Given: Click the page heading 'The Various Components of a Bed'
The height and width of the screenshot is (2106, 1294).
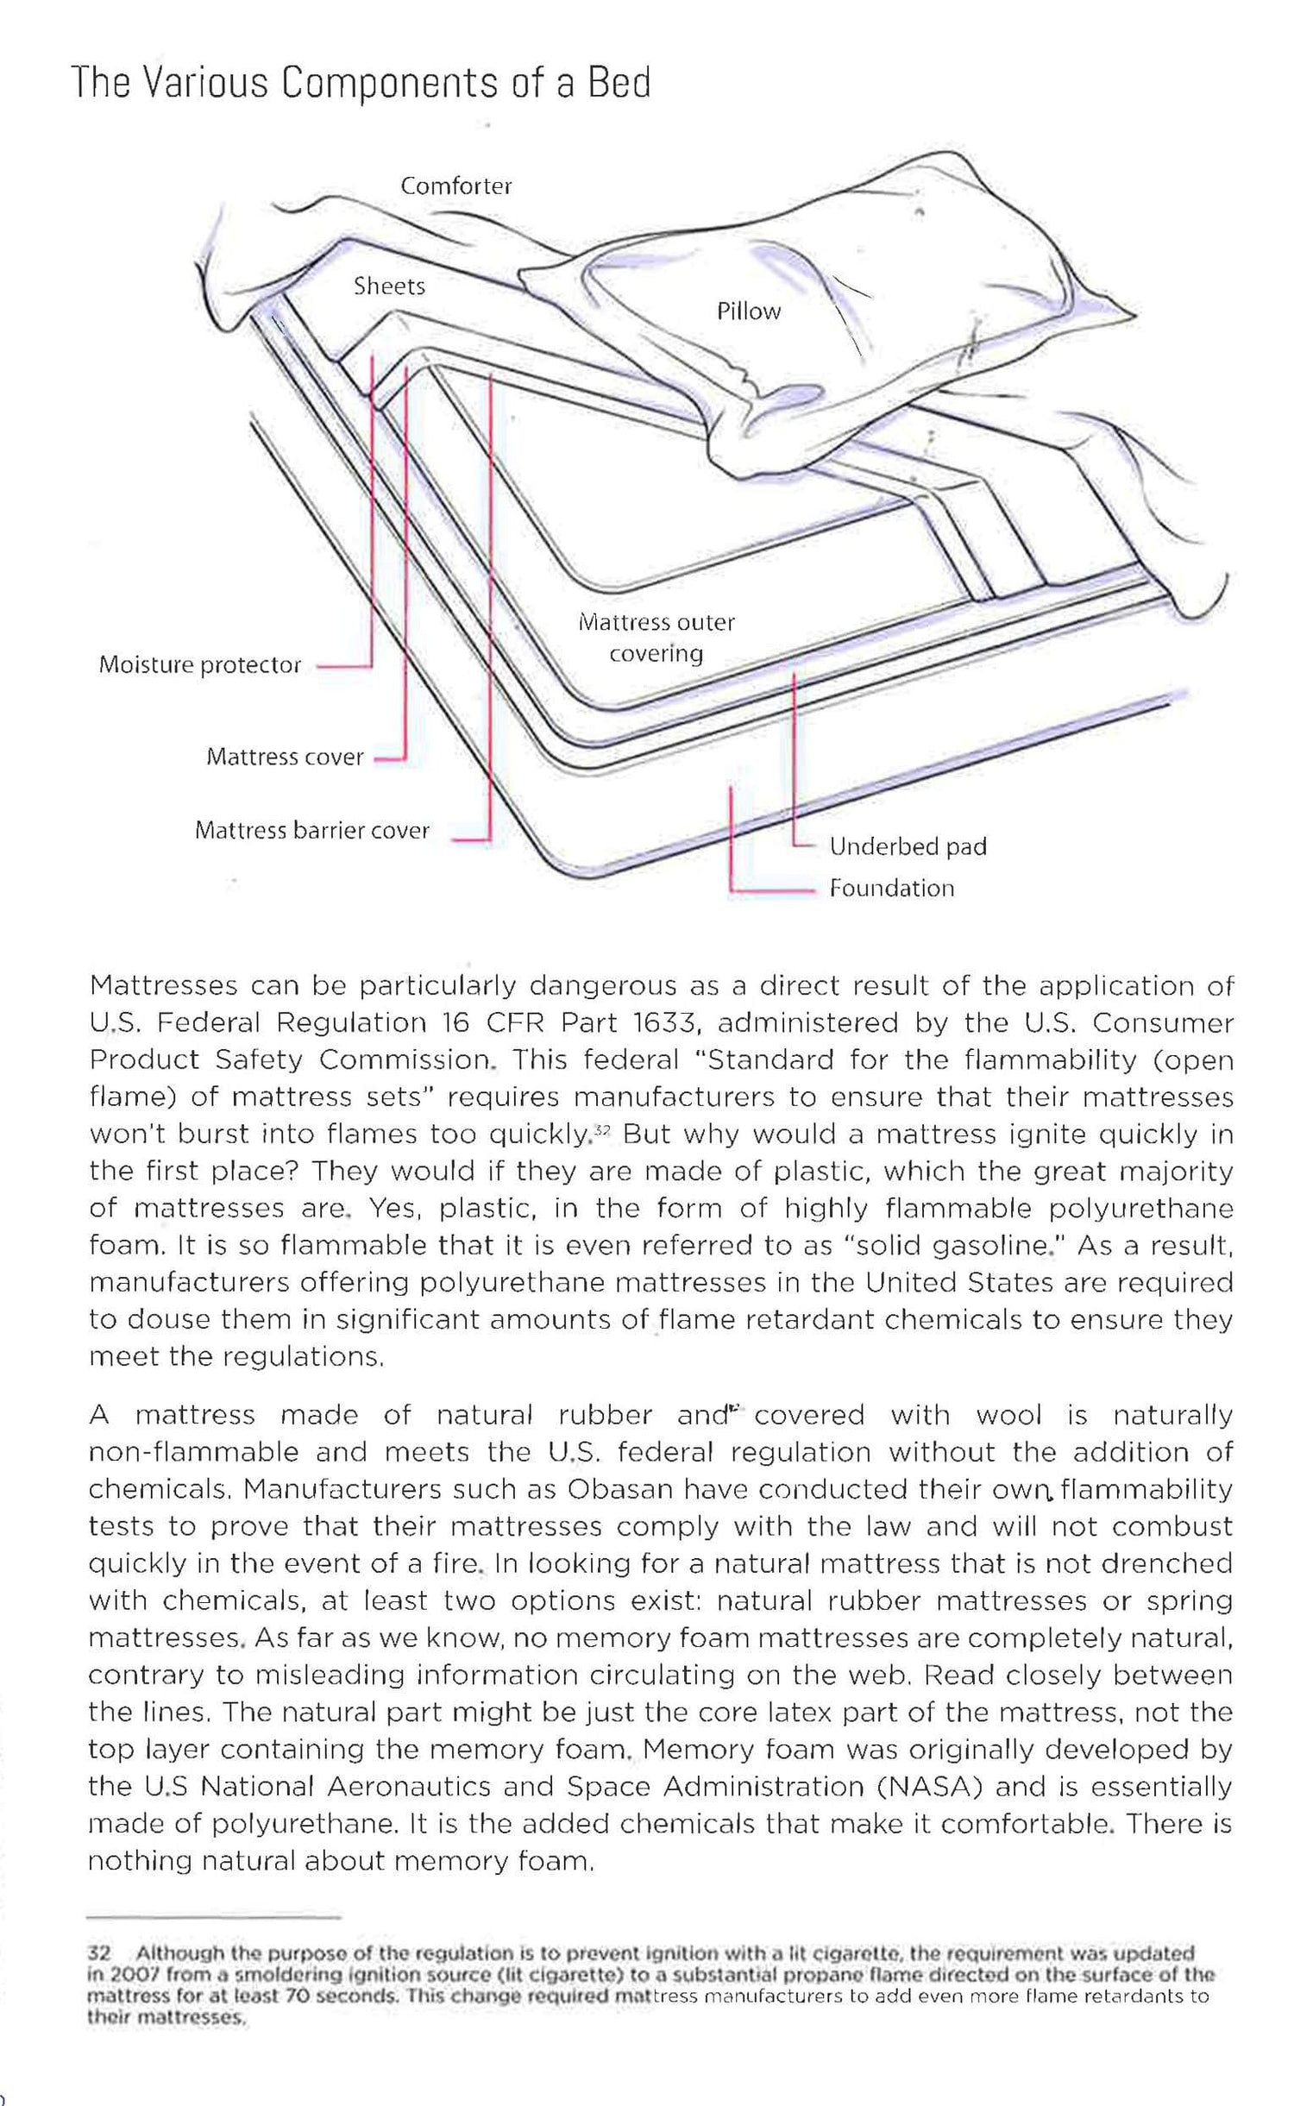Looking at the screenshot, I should (x=361, y=84).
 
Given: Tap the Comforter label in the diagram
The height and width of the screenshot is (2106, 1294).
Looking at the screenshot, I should (x=455, y=186).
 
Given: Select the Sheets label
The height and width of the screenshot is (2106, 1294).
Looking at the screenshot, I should (x=389, y=286).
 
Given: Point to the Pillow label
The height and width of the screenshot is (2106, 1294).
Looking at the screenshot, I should (x=748, y=311).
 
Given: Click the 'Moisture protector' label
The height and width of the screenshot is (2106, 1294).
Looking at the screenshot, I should (x=199, y=665).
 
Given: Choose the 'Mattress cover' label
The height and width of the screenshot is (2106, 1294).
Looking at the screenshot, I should (x=285, y=758).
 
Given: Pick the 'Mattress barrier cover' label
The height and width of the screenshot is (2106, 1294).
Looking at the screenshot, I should (x=311, y=831).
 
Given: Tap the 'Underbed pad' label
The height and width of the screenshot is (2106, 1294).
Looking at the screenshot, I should (x=908, y=847).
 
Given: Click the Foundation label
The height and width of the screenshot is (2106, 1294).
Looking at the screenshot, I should (x=891, y=889).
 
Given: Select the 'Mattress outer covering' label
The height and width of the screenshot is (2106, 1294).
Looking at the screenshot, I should (x=656, y=638).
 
